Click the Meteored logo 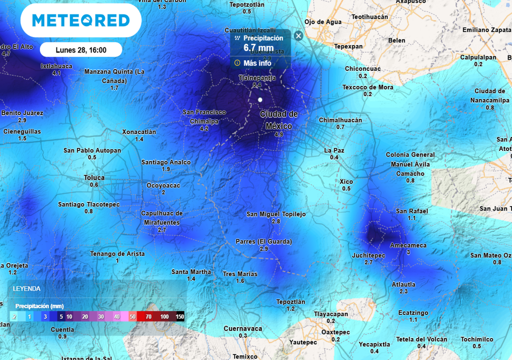pyautogui.click(x=80, y=20)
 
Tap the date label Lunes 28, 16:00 pyautogui.click(x=80, y=50)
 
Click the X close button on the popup pyautogui.click(x=298, y=35)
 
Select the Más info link pyautogui.click(x=257, y=63)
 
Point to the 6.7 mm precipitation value pyautogui.click(x=258, y=48)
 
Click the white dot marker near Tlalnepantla pyautogui.click(x=260, y=100)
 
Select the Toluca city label pyautogui.click(x=94, y=177)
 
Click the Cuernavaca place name pyautogui.click(x=242, y=328)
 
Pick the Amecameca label pyautogui.click(x=408, y=245)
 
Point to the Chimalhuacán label pyautogui.click(x=340, y=120)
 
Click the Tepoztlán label pyautogui.click(x=290, y=301)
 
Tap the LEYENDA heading pyautogui.click(x=26, y=288)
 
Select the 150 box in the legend pyautogui.click(x=179, y=316)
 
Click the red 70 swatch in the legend pyautogui.click(x=148, y=316)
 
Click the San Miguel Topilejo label pyautogui.click(x=276, y=214)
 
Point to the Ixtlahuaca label pyautogui.click(x=56, y=66)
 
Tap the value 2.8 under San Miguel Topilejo pyautogui.click(x=276, y=221)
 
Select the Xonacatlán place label pyautogui.click(x=139, y=132)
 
